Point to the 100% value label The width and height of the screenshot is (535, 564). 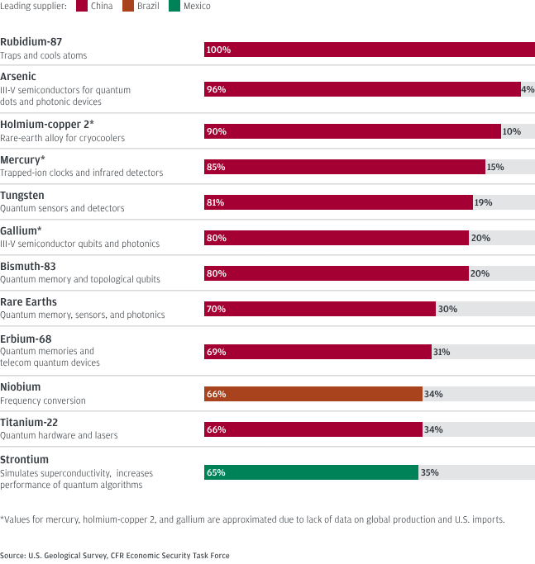[218, 50]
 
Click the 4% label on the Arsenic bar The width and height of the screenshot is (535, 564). [528, 89]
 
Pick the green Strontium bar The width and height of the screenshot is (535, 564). [311, 472]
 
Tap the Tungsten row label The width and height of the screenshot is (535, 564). [24, 196]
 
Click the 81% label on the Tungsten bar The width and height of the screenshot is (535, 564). [216, 202]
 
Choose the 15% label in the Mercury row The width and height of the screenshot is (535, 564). [494, 167]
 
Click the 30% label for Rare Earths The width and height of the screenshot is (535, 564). [447, 309]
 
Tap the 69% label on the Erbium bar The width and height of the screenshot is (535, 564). [216, 352]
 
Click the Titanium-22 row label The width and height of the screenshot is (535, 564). [29, 422]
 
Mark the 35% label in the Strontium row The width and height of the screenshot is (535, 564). [428, 472]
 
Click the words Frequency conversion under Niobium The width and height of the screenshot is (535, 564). [42, 400]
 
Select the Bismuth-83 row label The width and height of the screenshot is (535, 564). [28, 268]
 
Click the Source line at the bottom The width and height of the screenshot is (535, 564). [115, 556]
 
